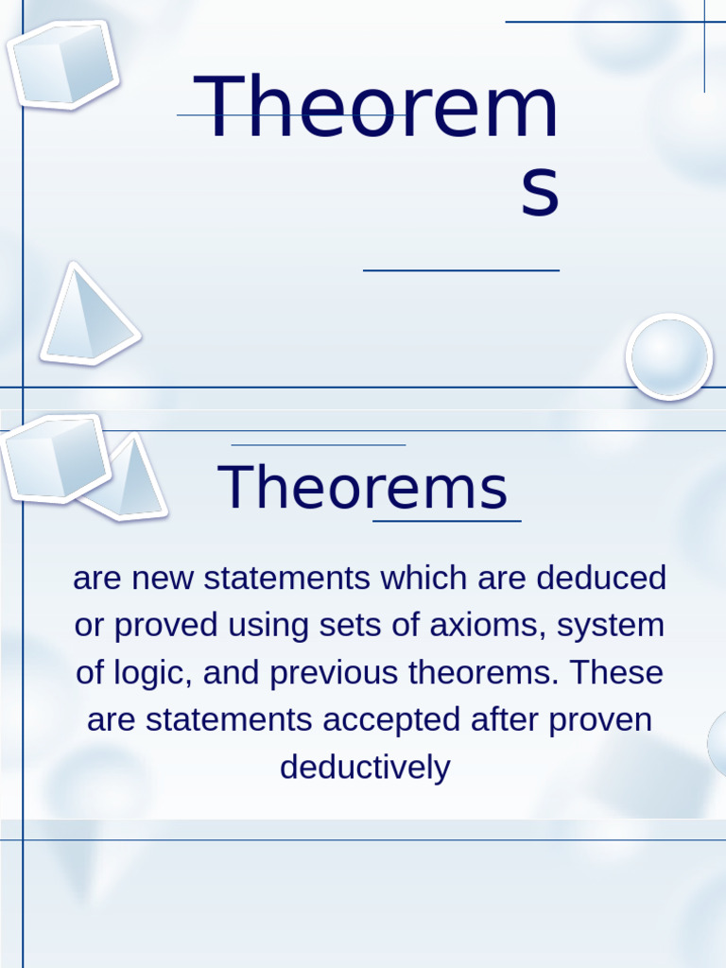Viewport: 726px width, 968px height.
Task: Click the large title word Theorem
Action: (376, 108)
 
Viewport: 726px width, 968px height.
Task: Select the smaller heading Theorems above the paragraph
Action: (363, 489)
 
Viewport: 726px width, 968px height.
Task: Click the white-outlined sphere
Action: (668, 356)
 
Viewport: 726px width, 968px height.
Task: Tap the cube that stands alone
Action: (62, 64)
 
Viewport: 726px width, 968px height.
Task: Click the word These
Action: (616, 673)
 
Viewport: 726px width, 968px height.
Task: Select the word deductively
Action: (364, 768)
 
